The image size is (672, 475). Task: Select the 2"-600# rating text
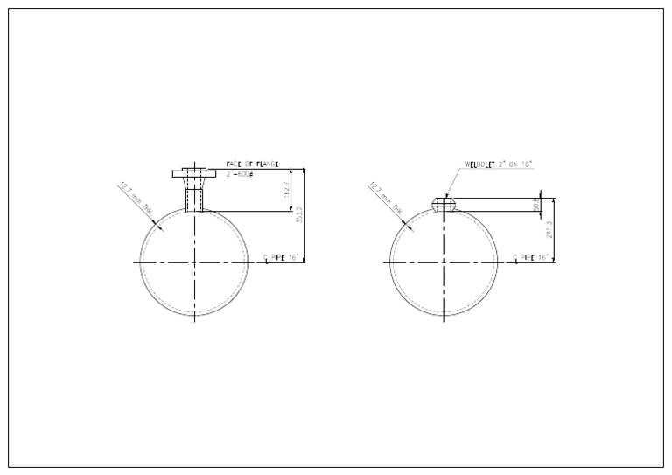[x=239, y=173]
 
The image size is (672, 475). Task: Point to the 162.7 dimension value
[x=286, y=190]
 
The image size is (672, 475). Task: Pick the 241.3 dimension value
[x=549, y=229]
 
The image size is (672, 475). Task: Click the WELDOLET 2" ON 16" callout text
[x=500, y=164]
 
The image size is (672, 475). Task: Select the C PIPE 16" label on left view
[x=282, y=257]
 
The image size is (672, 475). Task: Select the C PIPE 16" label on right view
[x=531, y=257]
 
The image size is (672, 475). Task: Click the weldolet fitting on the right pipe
[x=444, y=205]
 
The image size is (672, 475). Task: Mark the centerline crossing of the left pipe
[x=194, y=262]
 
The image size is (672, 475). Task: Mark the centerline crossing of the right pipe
[x=444, y=262]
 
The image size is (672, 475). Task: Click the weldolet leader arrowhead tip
[x=445, y=198]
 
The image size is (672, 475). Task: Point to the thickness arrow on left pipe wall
[x=157, y=224]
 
